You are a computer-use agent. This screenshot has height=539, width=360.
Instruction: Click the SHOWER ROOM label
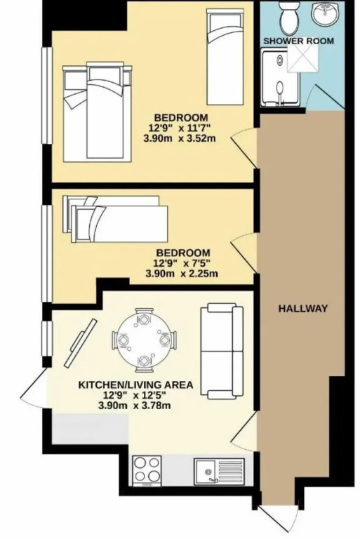pyautogui.click(x=298, y=41)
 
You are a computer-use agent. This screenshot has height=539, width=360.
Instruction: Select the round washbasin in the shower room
pyautogui.click(x=324, y=14)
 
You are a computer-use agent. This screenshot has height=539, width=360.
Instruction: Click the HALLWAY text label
pyautogui.click(x=302, y=308)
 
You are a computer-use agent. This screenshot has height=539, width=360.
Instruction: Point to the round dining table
pyautogui.click(x=145, y=340)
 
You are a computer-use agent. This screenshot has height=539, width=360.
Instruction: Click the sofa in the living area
pyautogui.click(x=222, y=351)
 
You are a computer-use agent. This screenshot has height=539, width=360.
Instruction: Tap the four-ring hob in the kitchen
pyautogui.click(x=147, y=471)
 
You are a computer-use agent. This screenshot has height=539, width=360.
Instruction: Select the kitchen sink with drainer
pyautogui.click(x=219, y=470)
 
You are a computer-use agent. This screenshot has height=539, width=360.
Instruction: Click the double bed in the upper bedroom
pyautogui.click(x=98, y=113)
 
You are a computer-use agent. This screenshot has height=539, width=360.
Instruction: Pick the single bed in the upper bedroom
pyautogui.click(x=225, y=57)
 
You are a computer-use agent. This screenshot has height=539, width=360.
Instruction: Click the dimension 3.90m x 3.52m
pyautogui.click(x=179, y=138)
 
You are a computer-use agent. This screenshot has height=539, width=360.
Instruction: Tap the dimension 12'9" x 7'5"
pyautogui.click(x=182, y=264)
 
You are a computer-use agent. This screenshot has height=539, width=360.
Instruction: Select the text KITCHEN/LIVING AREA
pyautogui.click(x=136, y=385)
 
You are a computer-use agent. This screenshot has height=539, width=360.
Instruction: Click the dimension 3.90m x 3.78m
pyautogui.click(x=135, y=406)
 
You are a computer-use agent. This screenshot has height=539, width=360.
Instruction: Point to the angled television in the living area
pyautogui.click(x=81, y=343)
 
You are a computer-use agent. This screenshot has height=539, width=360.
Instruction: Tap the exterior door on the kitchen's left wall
pyautogui.click(x=34, y=387)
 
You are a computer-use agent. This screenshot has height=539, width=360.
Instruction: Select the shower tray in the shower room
pyautogui.click(x=280, y=77)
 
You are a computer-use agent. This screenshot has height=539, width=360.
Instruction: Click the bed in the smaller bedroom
pyautogui.click(x=115, y=219)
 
